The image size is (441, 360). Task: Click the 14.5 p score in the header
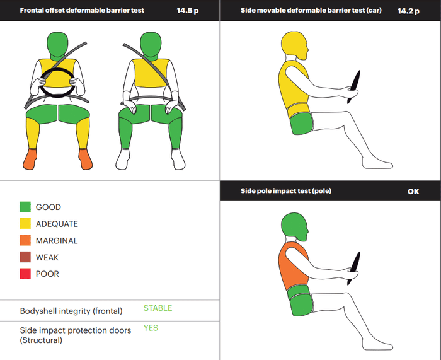(x=188, y=11)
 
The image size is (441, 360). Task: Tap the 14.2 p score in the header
(x=408, y=11)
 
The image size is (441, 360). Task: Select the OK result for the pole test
(x=413, y=192)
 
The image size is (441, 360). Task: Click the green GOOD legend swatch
(x=25, y=207)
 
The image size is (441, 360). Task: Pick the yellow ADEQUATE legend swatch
(x=25, y=223)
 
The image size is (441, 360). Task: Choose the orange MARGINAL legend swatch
(x=25, y=240)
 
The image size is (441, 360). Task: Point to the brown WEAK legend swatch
(x=25, y=257)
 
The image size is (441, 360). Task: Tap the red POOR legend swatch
(x=25, y=274)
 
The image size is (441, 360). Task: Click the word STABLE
(x=157, y=308)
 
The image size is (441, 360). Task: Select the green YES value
(x=151, y=328)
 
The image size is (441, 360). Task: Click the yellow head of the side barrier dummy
(x=294, y=45)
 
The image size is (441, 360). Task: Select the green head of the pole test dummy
(x=294, y=226)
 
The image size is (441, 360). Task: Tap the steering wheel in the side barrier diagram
(x=354, y=87)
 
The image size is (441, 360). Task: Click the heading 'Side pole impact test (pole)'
(x=286, y=191)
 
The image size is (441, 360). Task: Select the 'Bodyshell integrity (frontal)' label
(x=71, y=311)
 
